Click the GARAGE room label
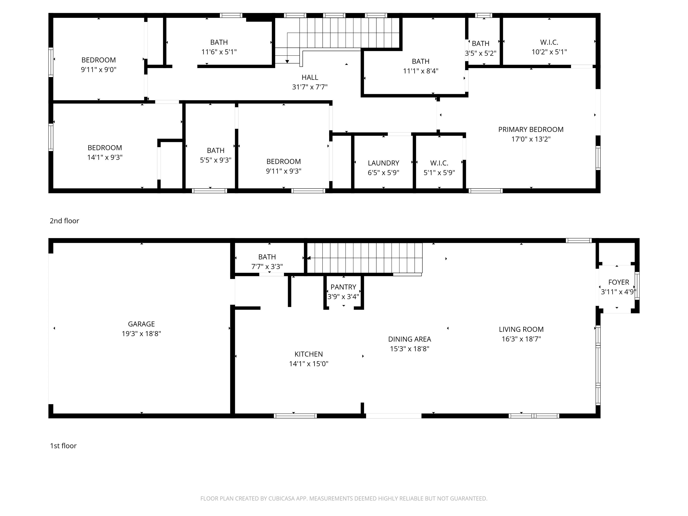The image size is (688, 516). click(x=141, y=324)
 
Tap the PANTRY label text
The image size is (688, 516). click(x=343, y=287)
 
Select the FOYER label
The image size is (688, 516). click(x=619, y=282)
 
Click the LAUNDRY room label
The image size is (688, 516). click(x=383, y=163)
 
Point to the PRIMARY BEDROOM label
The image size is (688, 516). click(x=531, y=129)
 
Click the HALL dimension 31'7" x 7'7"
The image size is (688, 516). click(x=310, y=87)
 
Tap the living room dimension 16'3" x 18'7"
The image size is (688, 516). click(x=521, y=339)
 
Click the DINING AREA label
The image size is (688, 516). click(x=410, y=339)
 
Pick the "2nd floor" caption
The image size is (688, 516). click(x=64, y=221)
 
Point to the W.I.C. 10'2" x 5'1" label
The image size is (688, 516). click(x=549, y=47)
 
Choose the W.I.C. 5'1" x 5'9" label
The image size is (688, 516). click(x=439, y=168)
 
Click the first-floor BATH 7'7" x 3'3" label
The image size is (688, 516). click(x=267, y=262)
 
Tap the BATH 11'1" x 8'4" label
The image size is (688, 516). click(x=421, y=66)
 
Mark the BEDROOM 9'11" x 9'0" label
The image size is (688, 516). click(x=99, y=65)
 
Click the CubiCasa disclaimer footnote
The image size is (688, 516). click(x=344, y=499)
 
